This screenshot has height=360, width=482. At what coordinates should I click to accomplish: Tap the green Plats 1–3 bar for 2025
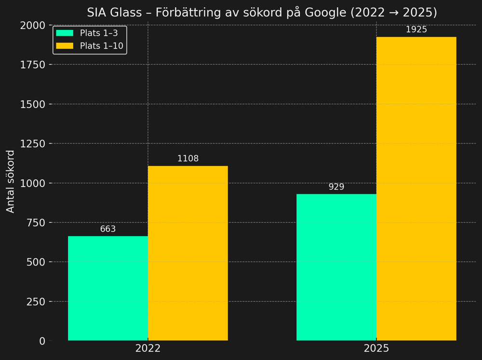pos(336,267)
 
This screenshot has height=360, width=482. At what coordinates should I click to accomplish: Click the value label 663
pos(108,229)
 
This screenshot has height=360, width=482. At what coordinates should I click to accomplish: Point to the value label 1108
pos(188,159)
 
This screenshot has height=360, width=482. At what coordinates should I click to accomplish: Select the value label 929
pos(336,187)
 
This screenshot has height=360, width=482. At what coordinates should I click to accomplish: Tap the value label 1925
pos(416,30)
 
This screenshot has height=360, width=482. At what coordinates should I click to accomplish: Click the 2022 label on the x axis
pos(148,349)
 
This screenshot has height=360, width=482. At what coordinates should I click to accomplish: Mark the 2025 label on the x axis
pos(376,349)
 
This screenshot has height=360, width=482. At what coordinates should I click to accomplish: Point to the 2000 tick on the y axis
pos(33,25)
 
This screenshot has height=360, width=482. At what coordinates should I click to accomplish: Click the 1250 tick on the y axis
pos(33,144)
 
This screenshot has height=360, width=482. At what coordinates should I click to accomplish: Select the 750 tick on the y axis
pos(36,223)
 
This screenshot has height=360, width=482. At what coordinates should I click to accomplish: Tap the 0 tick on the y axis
pos(42,341)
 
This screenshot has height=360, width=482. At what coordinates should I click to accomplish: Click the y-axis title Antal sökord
pos(11,181)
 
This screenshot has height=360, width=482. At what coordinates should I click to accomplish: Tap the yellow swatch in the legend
pos(65,46)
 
